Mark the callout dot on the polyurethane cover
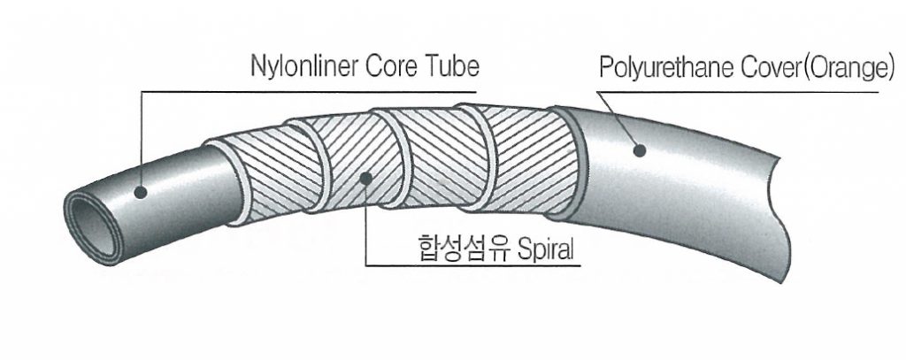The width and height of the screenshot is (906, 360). pos(639,151)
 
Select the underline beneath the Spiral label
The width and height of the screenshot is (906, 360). pos(469,265)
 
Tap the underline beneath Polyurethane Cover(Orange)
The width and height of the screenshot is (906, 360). pos(743,88)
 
